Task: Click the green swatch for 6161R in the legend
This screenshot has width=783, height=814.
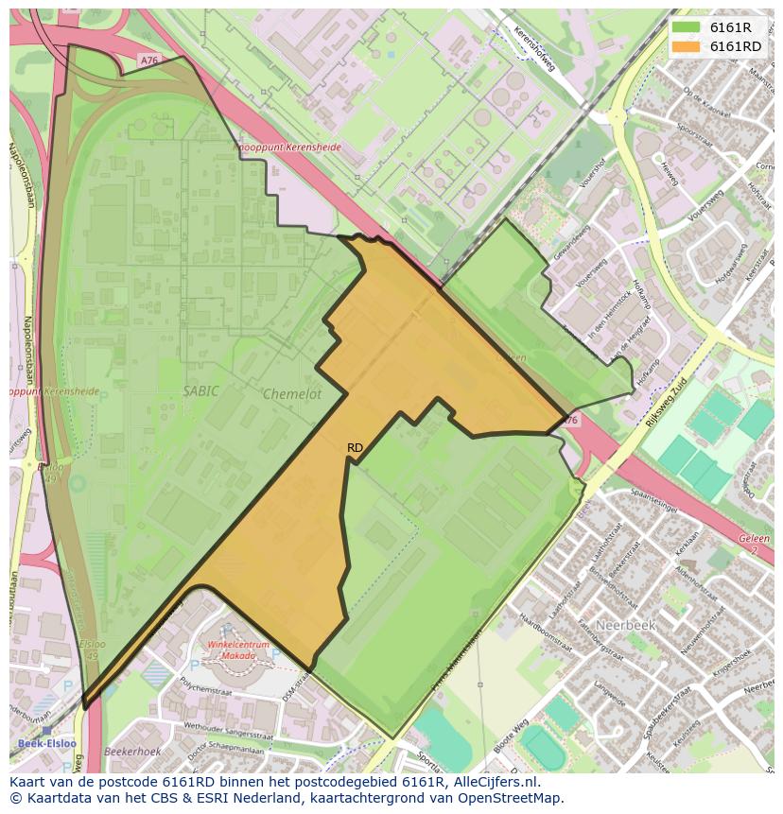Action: (x=687, y=27)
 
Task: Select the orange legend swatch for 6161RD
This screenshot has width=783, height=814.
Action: (x=687, y=46)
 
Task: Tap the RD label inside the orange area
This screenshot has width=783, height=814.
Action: (x=355, y=447)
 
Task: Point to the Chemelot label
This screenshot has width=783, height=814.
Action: (x=292, y=394)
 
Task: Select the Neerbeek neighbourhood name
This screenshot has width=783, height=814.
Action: (x=624, y=625)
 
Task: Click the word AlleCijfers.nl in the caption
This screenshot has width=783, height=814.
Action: (x=496, y=782)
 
